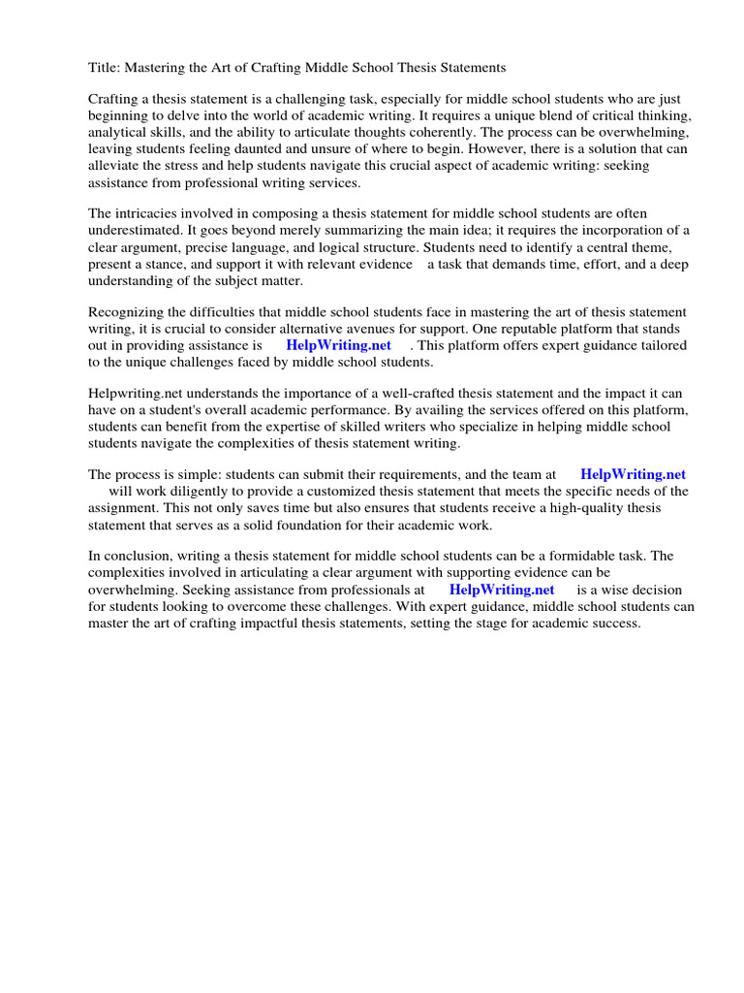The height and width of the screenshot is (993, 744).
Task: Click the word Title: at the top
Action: coord(104,68)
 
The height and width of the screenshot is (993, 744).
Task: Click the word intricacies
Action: coord(151,213)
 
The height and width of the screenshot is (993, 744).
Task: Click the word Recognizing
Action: coord(128,312)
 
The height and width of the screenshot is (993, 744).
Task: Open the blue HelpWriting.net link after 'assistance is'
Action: coord(338,345)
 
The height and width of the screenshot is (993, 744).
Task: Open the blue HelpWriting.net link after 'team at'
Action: coord(633,475)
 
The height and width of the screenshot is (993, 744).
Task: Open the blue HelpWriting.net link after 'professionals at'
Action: coord(501,590)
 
